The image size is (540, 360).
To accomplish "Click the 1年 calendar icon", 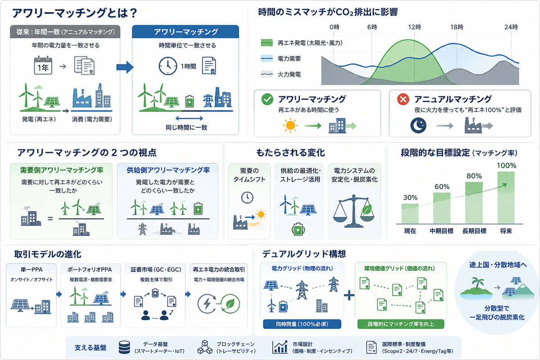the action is pos(43,65).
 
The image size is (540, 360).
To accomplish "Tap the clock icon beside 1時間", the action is pos(168,66).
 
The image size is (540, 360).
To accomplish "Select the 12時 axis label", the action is pos(414,27).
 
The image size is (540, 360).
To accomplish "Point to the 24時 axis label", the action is pos(511,27).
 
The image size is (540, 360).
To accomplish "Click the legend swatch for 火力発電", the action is pos(267,74).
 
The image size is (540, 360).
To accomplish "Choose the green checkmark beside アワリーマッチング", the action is pos(267,99).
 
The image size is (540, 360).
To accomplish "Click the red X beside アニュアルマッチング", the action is pos(403,99).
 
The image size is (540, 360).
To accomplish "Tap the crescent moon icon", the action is pos(418,126).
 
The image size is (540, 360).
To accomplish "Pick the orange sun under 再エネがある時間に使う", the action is pos(290,126).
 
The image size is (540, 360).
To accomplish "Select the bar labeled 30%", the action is pos(410,214).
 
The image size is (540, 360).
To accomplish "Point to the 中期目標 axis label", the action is pos(441,231).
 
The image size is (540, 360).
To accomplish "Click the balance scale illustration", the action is pos(354,211).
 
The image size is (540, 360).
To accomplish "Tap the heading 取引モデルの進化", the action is pos(48,254).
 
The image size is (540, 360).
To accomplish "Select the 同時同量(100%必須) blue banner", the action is pos(302,324).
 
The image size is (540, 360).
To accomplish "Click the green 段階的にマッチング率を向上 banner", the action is pos(400,324).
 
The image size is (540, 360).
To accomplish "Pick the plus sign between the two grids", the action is pos(349,295).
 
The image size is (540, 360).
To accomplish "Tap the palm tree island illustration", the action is pos(477,288).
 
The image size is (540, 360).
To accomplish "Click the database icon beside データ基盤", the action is pos(124,347).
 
